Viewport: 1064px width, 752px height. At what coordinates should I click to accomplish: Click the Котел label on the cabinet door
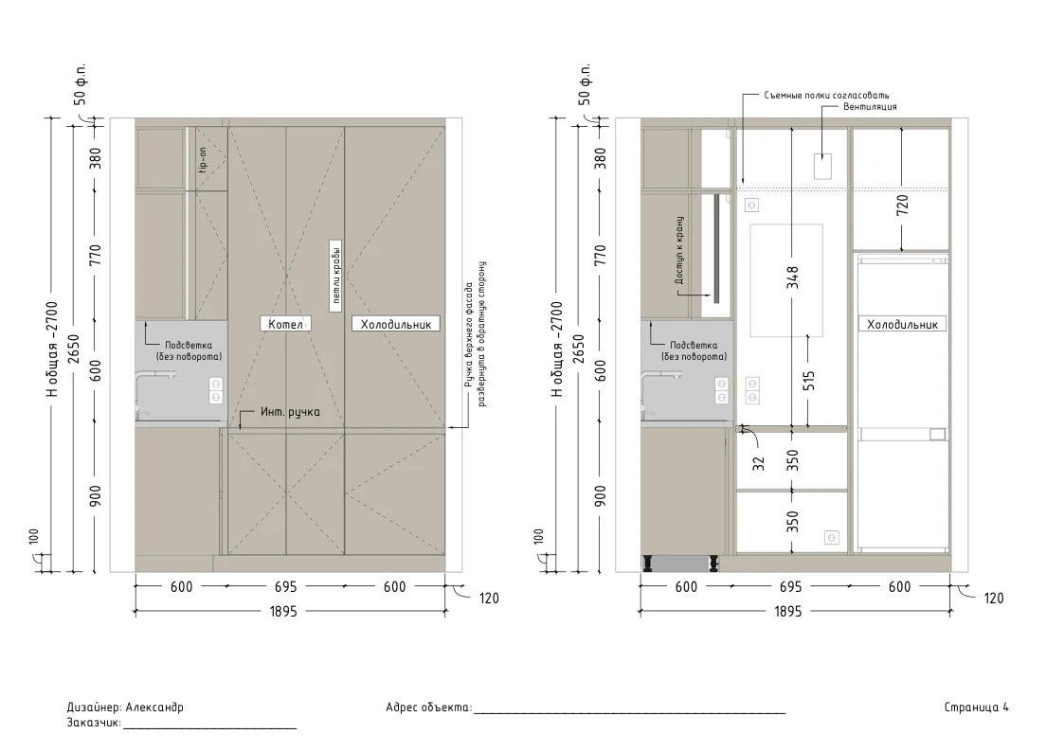(x=286, y=324)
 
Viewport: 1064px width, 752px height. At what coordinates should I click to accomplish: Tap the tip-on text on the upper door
(x=202, y=160)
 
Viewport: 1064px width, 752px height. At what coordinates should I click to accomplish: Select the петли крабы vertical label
(x=335, y=276)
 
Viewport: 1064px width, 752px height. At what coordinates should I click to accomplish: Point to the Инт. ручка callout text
(x=290, y=412)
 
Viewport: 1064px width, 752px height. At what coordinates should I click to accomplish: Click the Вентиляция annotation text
(x=870, y=106)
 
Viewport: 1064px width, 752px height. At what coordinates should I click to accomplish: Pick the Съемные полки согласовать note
(x=826, y=96)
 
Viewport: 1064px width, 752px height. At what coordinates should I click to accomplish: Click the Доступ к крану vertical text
(x=679, y=251)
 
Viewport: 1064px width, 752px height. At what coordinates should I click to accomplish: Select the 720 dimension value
(x=902, y=205)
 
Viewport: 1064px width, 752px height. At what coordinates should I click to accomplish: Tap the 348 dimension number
(x=792, y=278)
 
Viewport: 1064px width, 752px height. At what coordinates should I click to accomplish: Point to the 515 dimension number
(x=808, y=380)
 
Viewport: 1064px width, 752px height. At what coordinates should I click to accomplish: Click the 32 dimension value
(x=759, y=464)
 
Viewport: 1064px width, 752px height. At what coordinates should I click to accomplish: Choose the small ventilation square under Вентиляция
(x=822, y=166)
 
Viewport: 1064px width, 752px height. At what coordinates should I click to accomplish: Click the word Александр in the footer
(x=154, y=707)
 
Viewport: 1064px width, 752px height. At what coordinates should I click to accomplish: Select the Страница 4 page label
(x=977, y=707)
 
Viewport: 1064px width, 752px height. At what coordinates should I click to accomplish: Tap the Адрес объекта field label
(x=428, y=707)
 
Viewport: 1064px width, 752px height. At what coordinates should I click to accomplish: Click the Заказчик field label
(x=94, y=723)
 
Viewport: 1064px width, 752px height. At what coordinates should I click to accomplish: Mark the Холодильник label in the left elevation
(x=396, y=324)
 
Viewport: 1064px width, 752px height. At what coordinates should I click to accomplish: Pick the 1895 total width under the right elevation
(x=788, y=612)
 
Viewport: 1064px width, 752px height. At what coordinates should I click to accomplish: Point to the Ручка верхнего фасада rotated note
(x=474, y=334)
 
